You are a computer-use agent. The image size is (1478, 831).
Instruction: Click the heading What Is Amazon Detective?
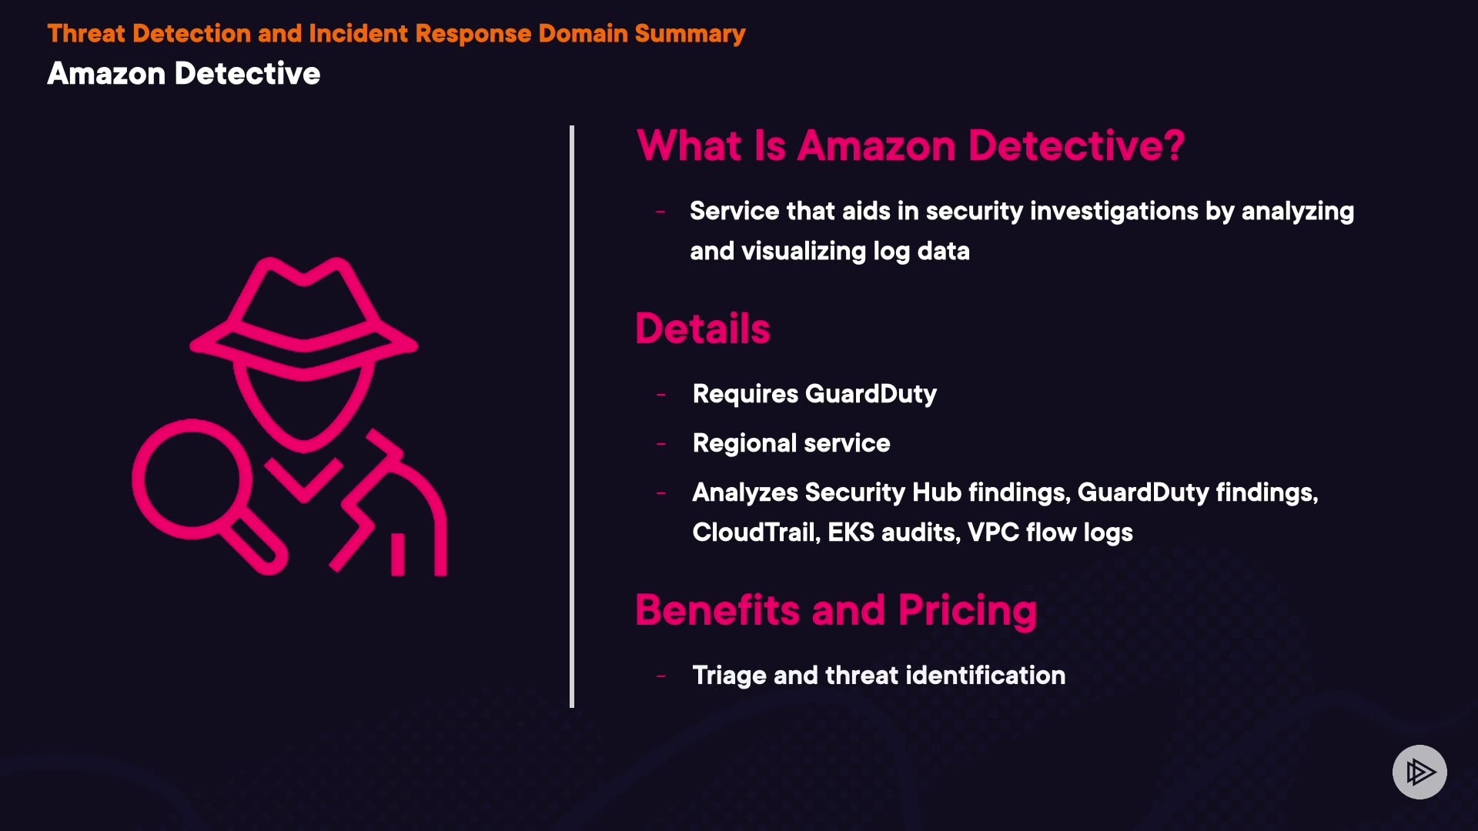(x=910, y=145)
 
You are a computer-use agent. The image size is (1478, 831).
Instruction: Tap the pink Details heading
(x=702, y=329)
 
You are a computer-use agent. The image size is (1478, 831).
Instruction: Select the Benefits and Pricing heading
(x=836, y=610)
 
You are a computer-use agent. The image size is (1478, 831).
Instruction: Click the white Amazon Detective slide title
(x=183, y=74)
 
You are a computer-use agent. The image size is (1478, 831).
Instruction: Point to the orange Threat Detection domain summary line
(x=396, y=34)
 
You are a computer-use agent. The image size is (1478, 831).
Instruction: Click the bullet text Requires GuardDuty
(x=814, y=394)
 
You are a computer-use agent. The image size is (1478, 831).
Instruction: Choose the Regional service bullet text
(x=791, y=443)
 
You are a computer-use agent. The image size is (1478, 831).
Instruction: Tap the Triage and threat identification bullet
(x=878, y=676)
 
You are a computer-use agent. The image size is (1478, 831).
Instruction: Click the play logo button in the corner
(x=1419, y=772)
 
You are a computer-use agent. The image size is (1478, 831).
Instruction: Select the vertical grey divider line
(x=572, y=415)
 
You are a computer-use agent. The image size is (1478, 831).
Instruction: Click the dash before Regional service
(x=660, y=444)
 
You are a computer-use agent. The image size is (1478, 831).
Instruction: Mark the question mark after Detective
(x=1175, y=145)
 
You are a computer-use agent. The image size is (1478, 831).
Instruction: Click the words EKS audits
(x=893, y=532)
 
